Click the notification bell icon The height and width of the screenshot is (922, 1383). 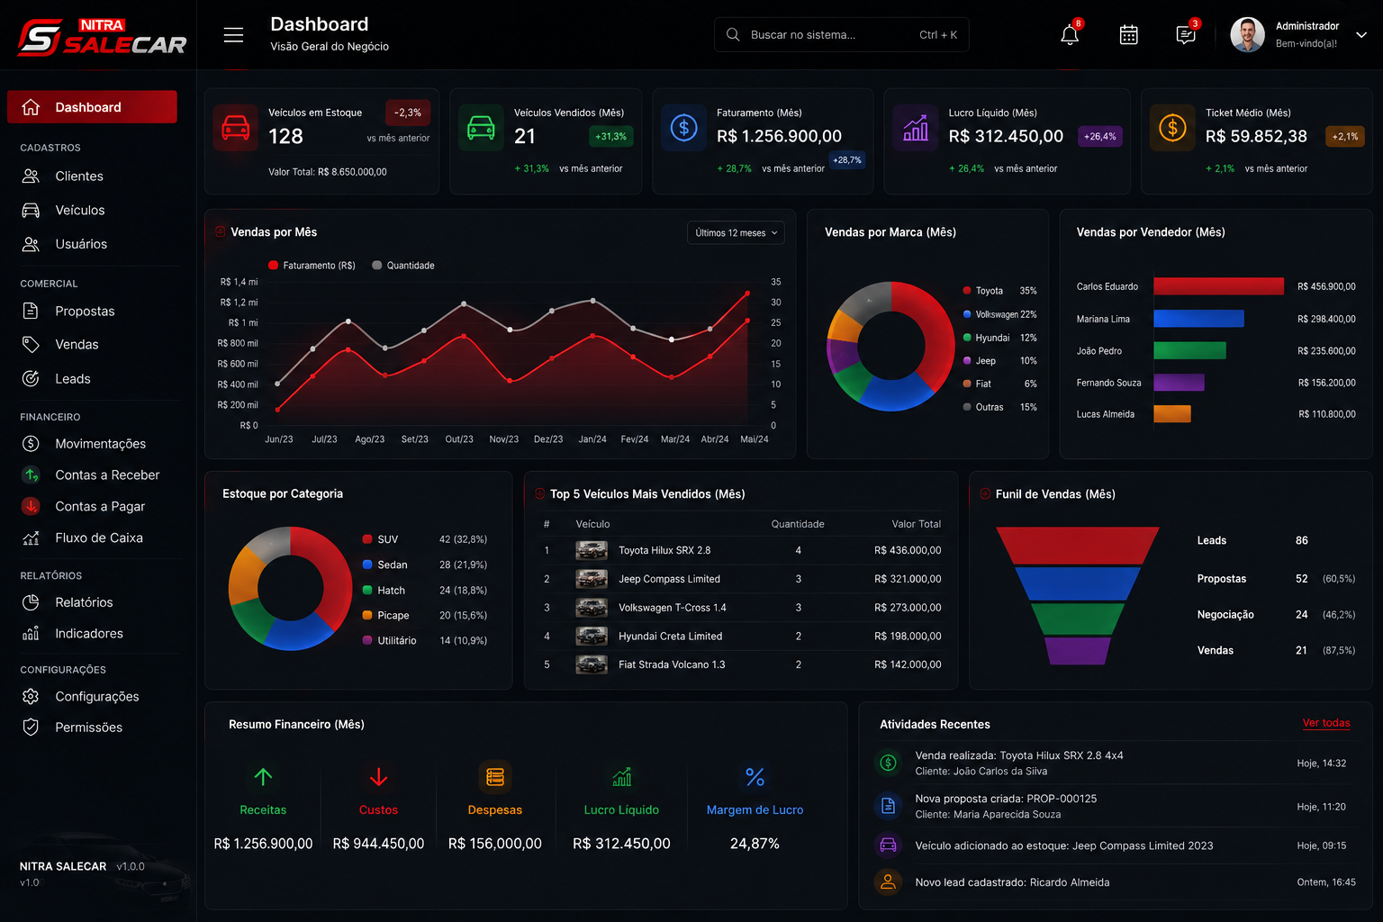[1070, 34]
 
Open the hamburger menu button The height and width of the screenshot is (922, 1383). [233, 35]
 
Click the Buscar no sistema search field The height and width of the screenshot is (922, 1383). [842, 34]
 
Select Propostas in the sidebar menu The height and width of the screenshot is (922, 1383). [85, 311]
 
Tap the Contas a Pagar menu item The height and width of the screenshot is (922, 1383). [100, 506]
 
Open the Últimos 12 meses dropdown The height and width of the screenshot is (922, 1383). [736, 233]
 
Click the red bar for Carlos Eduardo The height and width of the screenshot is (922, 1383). [1218, 286]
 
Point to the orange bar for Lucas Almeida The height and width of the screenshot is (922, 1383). [1171, 414]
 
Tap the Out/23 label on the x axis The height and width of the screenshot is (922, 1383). [458, 439]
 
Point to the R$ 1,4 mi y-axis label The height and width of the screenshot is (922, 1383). [239, 282]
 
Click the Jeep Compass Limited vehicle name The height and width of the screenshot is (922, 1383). [669, 579]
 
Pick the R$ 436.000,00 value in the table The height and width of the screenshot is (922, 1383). [908, 550]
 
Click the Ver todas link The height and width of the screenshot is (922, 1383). [1325, 722]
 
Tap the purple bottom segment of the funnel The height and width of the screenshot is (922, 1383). [1077, 651]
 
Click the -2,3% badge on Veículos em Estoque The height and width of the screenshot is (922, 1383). [408, 113]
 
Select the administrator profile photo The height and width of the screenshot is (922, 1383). [1247, 34]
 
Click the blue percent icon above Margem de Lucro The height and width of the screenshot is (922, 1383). [755, 777]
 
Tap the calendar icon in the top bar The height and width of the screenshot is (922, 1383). [1128, 34]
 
